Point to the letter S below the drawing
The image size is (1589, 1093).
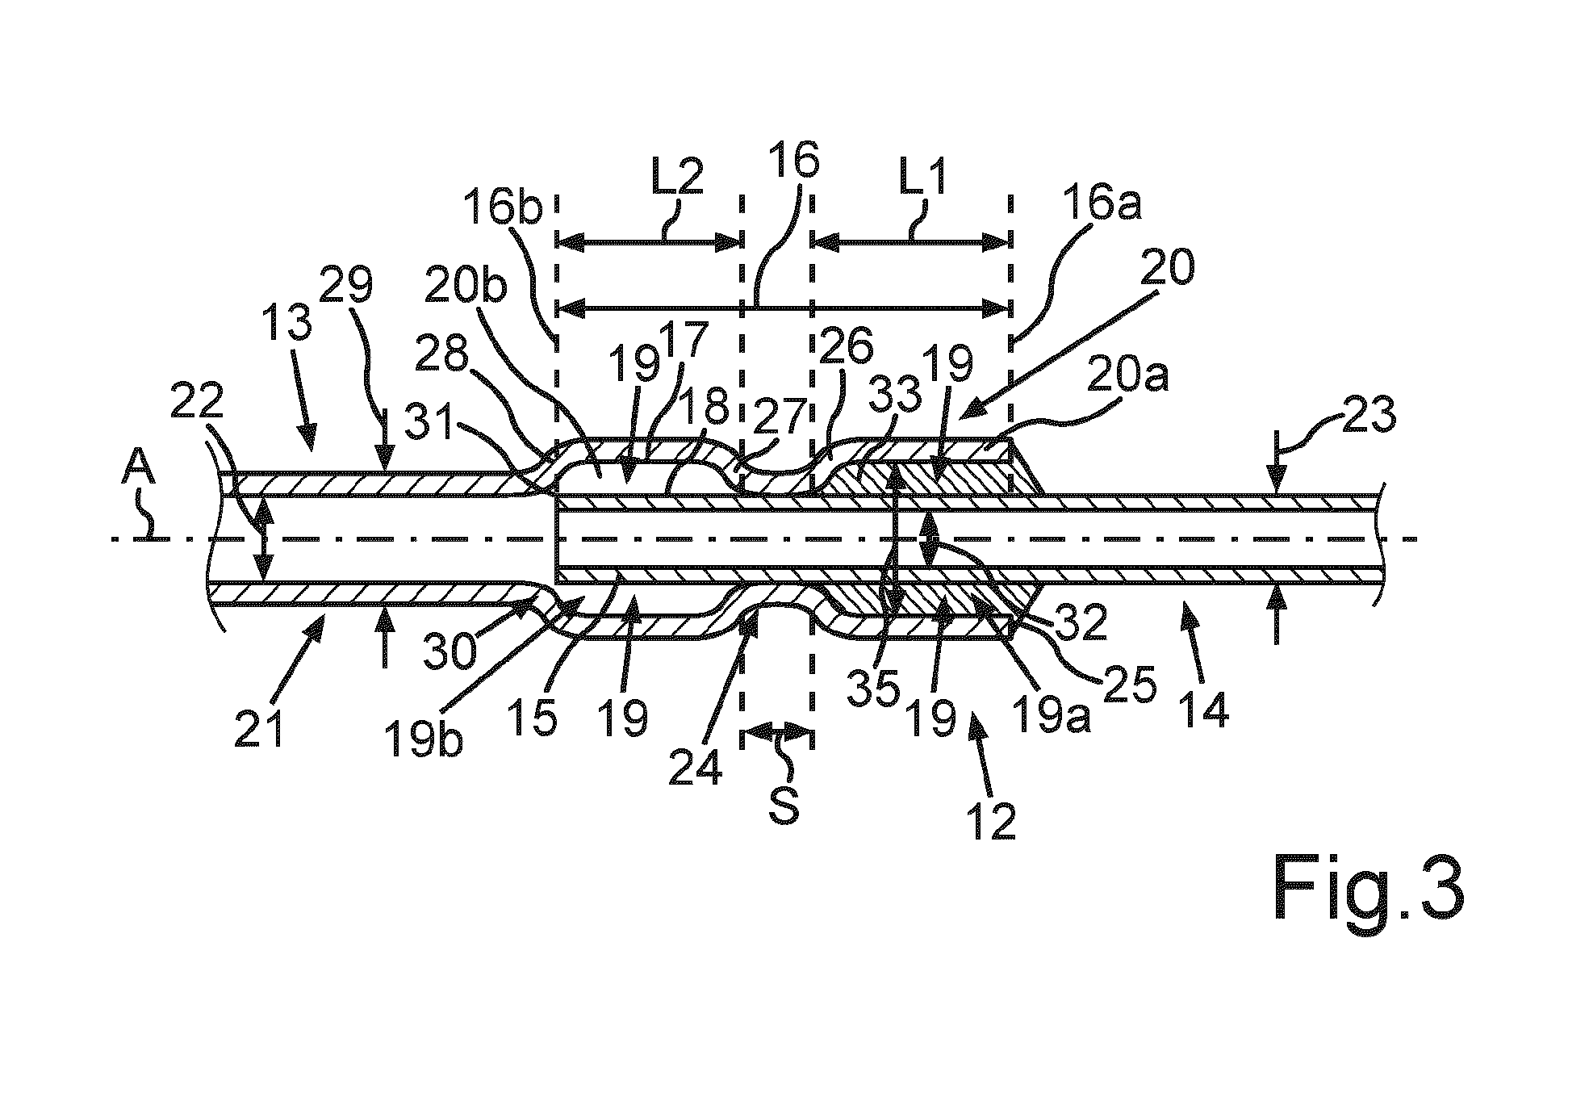(x=783, y=806)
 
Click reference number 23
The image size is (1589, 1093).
(x=1369, y=417)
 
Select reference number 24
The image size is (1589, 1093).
(x=696, y=761)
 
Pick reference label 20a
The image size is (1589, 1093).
(x=1128, y=377)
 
